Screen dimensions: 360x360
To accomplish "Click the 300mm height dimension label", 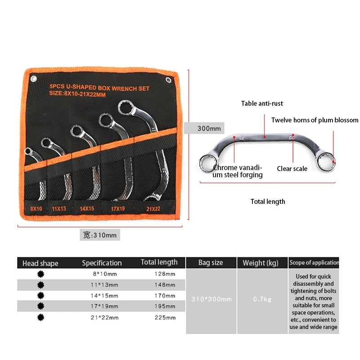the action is (209, 129).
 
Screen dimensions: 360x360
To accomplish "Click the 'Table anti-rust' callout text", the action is (262, 103).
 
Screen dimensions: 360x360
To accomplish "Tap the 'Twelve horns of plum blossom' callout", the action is (315, 120).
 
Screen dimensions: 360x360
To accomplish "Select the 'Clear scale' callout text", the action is (292, 169).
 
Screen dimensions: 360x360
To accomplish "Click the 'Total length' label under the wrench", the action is (268, 202).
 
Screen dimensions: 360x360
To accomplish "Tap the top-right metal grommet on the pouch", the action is (168, 80).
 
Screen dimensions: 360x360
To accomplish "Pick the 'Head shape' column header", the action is (40, 263).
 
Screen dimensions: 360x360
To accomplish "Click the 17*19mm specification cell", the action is (102, 306).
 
